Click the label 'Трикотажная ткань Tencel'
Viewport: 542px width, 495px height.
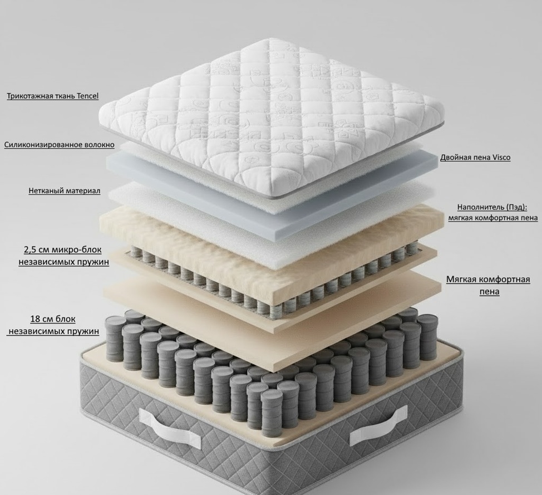pyautogui.click(x=52, y=96)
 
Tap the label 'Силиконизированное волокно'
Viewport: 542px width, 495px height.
pyautogui.click(x=59, y=145)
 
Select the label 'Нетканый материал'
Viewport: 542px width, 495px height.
pyautogui.click(x=65, y=190)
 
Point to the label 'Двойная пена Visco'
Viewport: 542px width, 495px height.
pyautogui.click(x=475, y=158)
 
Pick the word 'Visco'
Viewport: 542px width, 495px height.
pyautogui.click(x=501, y=158)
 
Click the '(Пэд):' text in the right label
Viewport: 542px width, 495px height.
pyautogui.click(x=517, y=207)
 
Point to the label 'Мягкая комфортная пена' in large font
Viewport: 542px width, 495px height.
pyautogui.click(x=488, y=285)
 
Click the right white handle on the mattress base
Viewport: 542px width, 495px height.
pyautogui.click(x=378, y=426)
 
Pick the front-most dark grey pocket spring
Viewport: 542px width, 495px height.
pyautogui.click(x=272, y=413)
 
